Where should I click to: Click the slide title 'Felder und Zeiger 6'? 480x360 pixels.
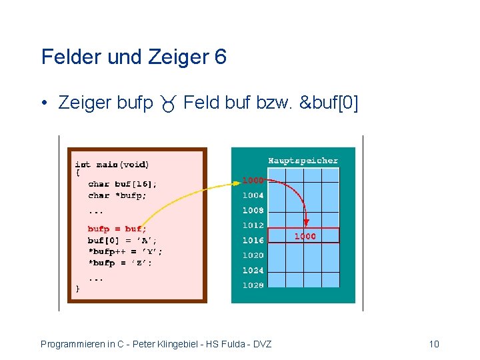click(x=133, y=57)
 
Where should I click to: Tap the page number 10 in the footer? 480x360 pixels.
click(x=434, y=344)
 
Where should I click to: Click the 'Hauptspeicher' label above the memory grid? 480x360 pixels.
click(x=303, y=161)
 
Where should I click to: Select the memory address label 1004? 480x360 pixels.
click(x=253, y=195)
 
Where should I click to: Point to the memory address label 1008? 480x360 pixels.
click(x=253, y=211)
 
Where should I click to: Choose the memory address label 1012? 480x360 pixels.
click(x=253, y=225)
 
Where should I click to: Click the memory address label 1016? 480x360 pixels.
click(x=253, y=241)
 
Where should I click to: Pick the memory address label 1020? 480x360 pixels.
click(x=253, y=255)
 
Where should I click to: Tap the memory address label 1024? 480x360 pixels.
click(x=253, y=271)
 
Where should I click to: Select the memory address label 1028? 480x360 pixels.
click(x=253, y=285)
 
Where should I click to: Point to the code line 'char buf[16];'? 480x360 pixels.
click(x=123, y=184)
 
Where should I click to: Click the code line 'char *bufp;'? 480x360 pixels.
click(x=117, y=195)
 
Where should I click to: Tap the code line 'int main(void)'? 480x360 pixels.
click(x=112, y=164)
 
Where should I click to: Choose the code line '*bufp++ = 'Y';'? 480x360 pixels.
click(x=124, y=251)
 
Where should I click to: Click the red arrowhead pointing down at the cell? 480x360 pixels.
click(x=306, y=224)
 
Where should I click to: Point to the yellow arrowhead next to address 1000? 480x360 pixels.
click(x=236, y=181)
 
